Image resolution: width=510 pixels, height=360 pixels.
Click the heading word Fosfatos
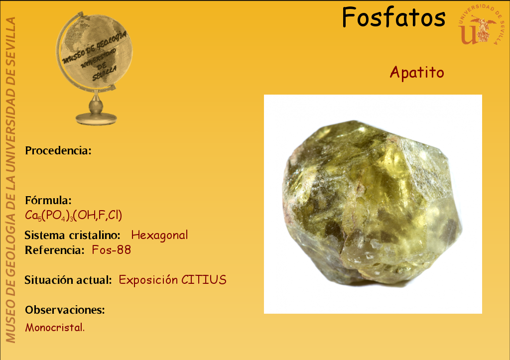393,17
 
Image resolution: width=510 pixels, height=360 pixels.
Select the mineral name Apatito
417,73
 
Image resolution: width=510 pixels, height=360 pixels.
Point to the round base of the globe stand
96,119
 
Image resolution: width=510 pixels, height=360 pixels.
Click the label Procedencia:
58,150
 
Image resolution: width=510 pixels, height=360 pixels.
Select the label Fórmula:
48,200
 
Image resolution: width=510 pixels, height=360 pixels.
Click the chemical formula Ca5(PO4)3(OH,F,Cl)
74,215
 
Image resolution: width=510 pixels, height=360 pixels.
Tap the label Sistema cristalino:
73,235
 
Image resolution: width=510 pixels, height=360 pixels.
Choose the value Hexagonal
159,235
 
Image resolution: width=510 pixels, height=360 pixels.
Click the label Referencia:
55,250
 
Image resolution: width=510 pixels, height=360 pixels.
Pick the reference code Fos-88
111,250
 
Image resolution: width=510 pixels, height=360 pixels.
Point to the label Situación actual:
68,280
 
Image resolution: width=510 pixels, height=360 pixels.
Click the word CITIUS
204,280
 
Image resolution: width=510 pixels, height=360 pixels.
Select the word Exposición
148,280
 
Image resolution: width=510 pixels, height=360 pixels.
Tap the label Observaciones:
65,310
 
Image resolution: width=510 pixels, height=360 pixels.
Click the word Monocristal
55,328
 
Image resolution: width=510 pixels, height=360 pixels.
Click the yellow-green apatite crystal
372,202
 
